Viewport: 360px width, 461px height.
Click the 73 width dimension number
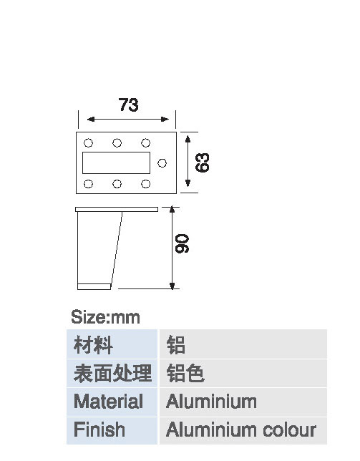128,105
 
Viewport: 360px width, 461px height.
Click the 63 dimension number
203,162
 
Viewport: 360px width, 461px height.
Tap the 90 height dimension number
182,243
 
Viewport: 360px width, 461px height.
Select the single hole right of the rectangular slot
162,163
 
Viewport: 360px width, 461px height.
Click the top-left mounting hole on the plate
88,143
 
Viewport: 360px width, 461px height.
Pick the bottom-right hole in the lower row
146,184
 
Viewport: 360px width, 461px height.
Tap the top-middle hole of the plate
117,143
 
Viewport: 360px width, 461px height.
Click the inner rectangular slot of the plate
117,163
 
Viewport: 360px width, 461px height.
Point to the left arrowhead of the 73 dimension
90,119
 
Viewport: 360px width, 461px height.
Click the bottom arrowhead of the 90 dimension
172,286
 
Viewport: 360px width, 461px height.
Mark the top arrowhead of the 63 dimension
188,139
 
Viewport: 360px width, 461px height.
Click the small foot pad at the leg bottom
94,286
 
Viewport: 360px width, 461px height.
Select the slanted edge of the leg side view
117,248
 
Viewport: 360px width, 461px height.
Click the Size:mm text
105,317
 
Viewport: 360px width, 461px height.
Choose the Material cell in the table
112,402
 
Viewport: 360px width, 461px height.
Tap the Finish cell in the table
112,430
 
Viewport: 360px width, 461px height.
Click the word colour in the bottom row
289,430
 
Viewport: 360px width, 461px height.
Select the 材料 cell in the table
112,344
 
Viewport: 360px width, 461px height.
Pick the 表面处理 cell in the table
112,374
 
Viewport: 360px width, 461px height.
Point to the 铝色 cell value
185,374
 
